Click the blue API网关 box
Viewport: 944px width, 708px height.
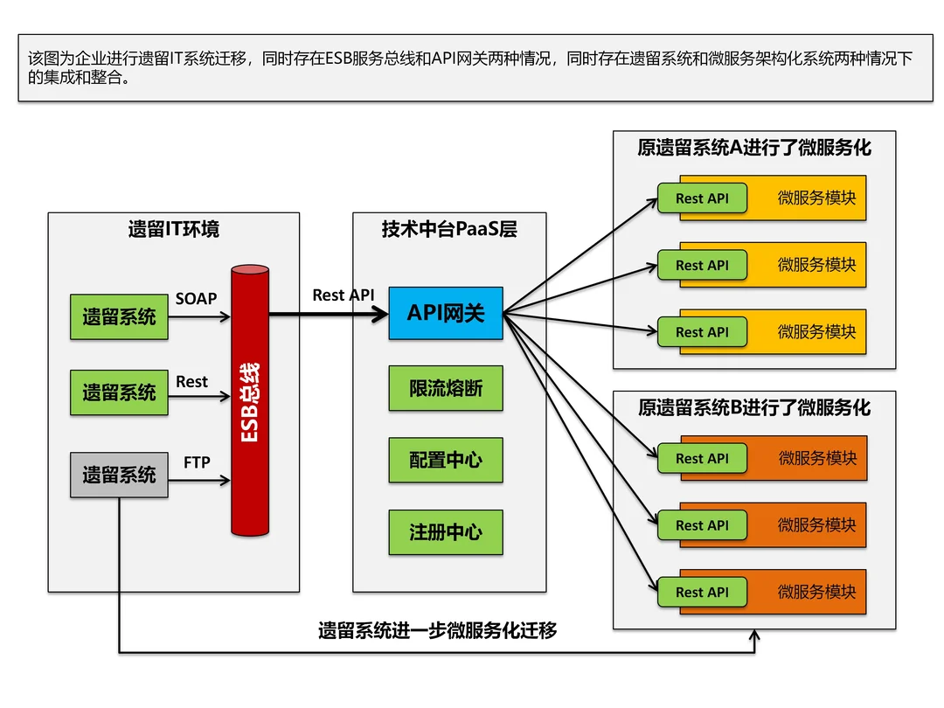[x=446, y=313]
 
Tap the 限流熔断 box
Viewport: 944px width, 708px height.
[x=446, y=388]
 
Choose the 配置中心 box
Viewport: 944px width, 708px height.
[x=446, y=460]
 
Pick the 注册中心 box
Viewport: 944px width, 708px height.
[x=446, y=531]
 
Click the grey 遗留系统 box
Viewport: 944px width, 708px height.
[x=119, y=475]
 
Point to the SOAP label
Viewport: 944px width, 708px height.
[x=196, y=298]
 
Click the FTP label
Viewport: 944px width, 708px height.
[x=197, y=462]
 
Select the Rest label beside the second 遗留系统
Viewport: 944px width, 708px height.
[x=191, y=381]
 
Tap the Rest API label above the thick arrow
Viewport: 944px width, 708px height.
[x=343, y=295]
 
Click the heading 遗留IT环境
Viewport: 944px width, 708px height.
[x=173, y=230]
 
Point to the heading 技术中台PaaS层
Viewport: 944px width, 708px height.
[x=449, y=230]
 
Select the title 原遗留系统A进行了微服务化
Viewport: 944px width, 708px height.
[x=754, y=147]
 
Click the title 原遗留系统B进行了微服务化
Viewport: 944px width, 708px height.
[x=754, y=407]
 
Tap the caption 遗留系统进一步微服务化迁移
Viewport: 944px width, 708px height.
[x=437, y=630]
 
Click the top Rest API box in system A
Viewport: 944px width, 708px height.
[x=702, y=198]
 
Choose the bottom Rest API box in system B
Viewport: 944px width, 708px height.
[x=702, y=592]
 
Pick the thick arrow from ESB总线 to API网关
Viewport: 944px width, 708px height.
[x=328, y=313]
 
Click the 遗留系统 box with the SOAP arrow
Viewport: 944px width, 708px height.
[x=119, y=316]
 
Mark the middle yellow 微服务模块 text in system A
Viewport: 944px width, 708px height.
[x=816, y=265]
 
